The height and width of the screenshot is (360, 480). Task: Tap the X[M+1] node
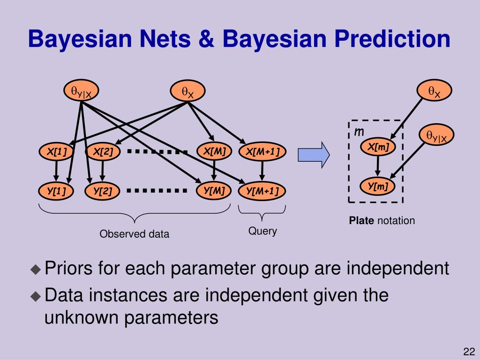coord(262,152)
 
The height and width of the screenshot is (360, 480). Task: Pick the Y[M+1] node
coord(262,191)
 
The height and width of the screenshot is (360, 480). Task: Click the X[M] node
coord(214,151)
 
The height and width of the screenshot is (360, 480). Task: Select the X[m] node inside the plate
coord(378,147)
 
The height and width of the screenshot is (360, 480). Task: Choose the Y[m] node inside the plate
coord(378,186)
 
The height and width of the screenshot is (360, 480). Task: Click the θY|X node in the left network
coord(81,92)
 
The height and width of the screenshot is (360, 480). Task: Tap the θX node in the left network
coord(187,92)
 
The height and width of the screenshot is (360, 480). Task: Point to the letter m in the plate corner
coord(359,132)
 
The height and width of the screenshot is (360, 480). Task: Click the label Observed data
coord(134,234)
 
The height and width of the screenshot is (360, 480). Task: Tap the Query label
coord(262,231)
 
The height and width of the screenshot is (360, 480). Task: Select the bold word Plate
coord(360,220)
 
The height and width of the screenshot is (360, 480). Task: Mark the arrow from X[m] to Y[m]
coord(378,167)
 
